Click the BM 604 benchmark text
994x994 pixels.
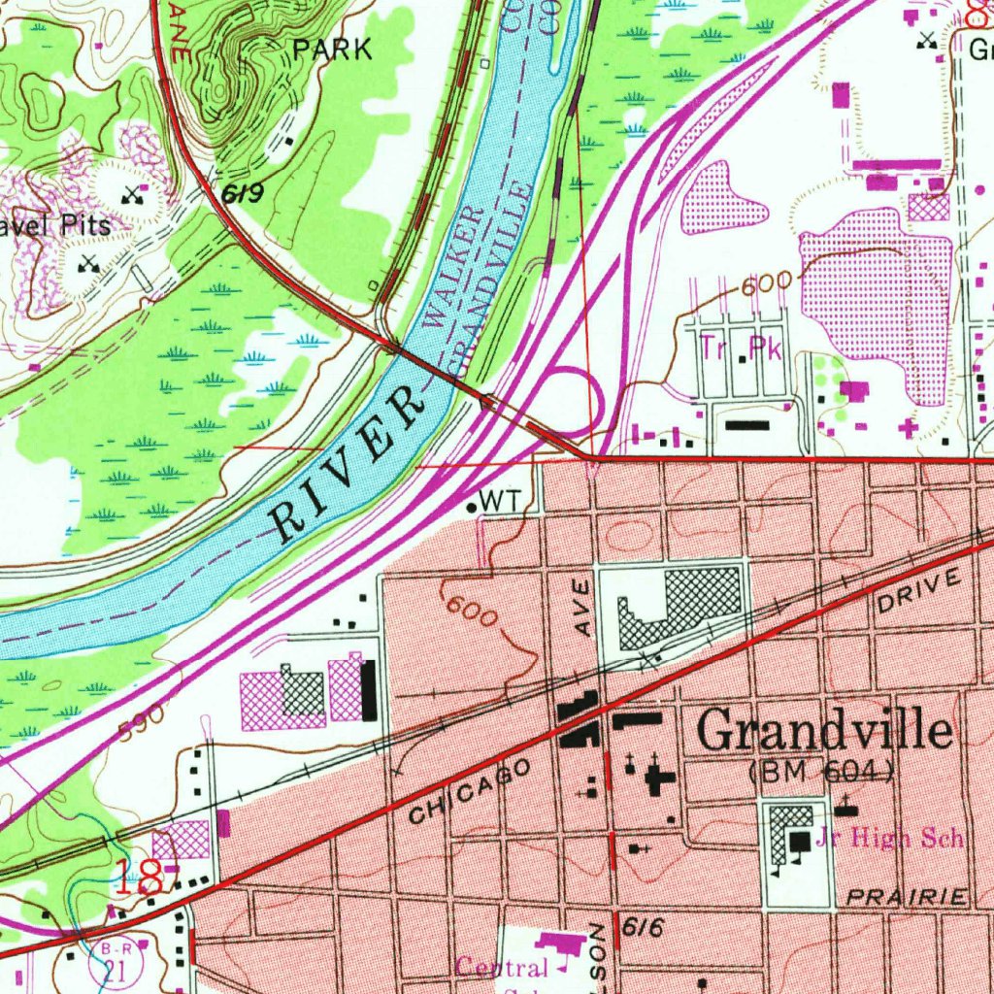[822, 773]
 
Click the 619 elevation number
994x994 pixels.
[242, 195]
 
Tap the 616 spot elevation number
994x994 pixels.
[643, 929]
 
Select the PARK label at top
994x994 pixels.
[333, 50]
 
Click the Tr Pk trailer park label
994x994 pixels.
[743, 349]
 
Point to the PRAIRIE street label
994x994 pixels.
[907, 898]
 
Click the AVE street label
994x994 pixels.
[581, 609]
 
